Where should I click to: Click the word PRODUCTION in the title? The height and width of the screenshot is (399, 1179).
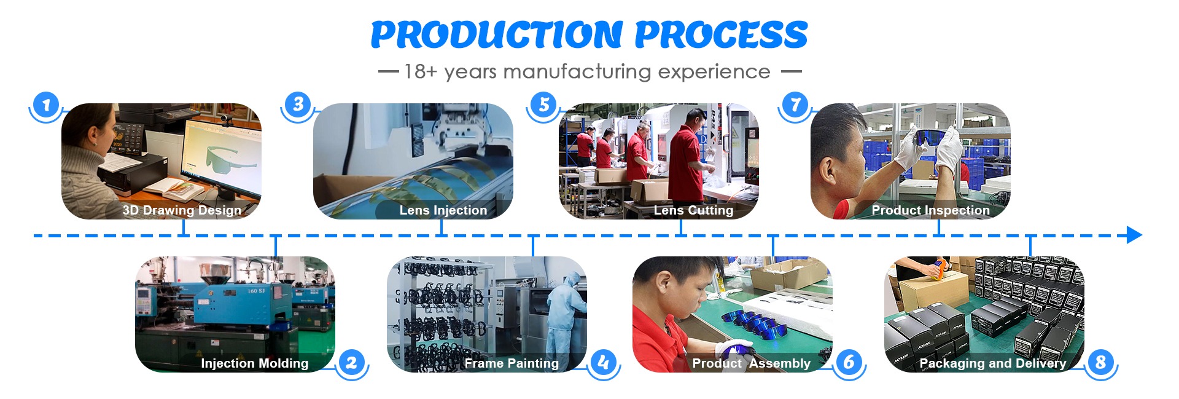[x=496, y=34]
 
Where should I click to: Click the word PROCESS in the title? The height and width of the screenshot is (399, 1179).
[x=721, y=34]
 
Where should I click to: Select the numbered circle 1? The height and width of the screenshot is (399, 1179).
[x=46, y=105]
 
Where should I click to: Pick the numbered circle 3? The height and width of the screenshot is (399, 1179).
[x=298, y=105]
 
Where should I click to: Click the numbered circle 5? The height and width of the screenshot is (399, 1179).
[x=543, y=105]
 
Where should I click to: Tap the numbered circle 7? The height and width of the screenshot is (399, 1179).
[x=795, y=105]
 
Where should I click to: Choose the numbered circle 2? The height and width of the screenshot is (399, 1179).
[x=351, y=362]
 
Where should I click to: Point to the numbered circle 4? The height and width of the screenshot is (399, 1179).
[x=603, y=362]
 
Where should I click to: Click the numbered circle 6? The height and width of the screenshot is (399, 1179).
[x=849, y=362]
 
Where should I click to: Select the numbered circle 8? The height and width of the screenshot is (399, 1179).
[x=1100, y=362]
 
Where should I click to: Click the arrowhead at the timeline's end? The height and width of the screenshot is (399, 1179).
[x=1134, y=235]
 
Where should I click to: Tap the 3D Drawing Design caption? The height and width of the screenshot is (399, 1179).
[x=182, y=210]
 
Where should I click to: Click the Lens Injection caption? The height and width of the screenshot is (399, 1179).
[x=443, y=210]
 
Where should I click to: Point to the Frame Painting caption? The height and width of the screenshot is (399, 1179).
[x=512, y=363]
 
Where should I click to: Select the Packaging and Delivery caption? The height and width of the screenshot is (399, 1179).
[x=992, y=363]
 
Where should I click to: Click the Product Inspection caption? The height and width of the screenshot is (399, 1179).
[x=930, y=210]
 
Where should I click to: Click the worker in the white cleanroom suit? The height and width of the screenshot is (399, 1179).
[x=566, y=320]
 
